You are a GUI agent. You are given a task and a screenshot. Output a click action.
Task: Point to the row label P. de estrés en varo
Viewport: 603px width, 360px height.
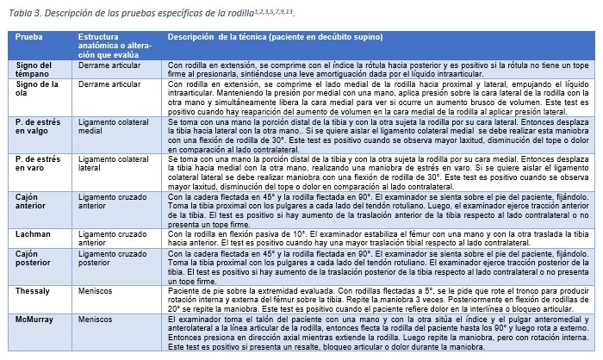point(38,165)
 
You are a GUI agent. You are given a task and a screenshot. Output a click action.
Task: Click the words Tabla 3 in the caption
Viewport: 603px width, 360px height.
point(24,12)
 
